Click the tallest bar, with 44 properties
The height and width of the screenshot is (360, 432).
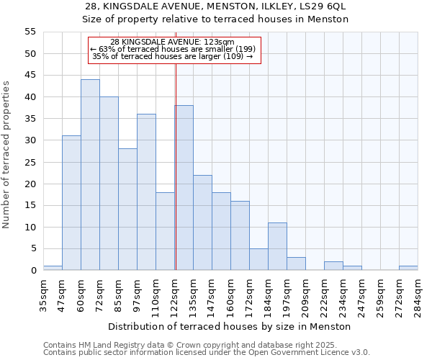pos(90,175)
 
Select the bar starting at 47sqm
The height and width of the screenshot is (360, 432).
pos(71,203)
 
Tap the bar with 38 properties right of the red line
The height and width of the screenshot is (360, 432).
pos(184,188)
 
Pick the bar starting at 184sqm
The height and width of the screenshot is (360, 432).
pos(277,246)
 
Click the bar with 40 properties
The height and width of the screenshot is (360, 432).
pos(109,184)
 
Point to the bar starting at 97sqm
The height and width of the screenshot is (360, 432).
pos(146,192)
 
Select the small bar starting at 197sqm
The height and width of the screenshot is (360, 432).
pos(296,264)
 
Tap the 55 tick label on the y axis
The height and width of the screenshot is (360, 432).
pos(30,32)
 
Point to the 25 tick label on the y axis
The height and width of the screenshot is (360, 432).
pos(30,162)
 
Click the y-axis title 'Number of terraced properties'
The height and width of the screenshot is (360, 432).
pos(6,154)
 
